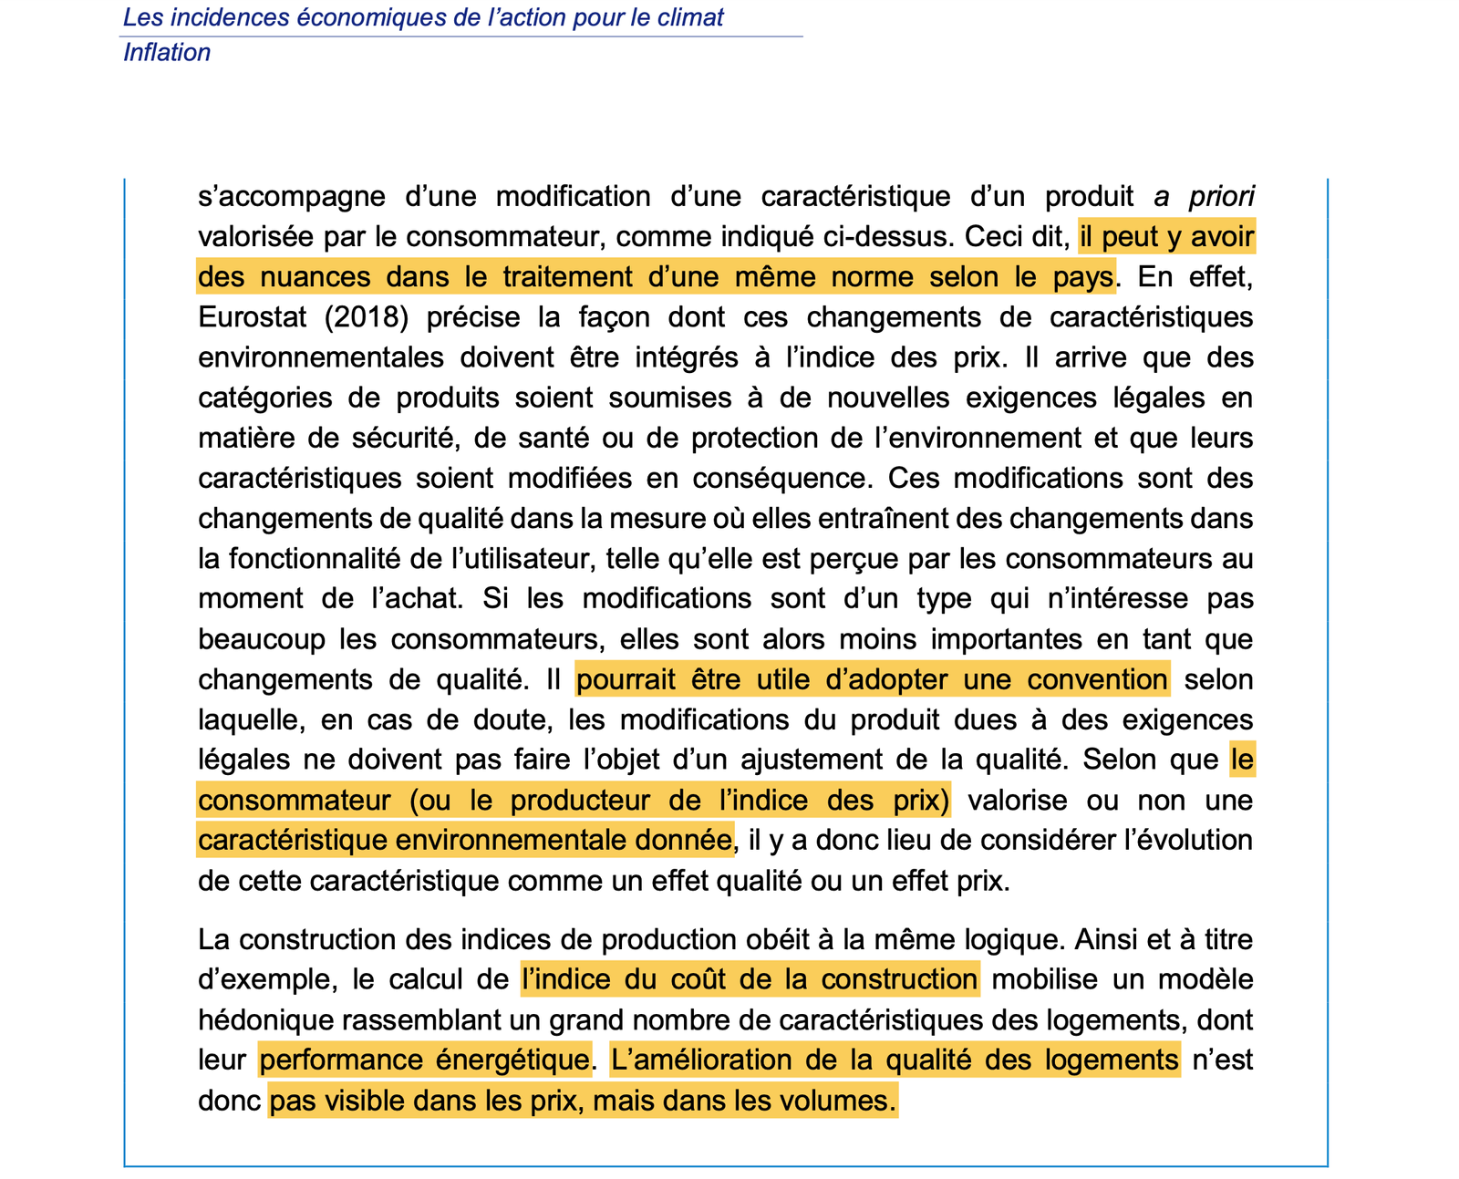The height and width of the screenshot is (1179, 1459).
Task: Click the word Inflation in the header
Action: pos(167,53)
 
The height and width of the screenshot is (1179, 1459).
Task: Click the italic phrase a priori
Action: pos(1204,196)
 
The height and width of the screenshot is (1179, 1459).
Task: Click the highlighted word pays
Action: pos(1083,276)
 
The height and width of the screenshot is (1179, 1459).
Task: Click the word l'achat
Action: pos(416,598)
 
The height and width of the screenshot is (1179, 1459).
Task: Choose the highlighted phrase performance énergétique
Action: pos(424,1060)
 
